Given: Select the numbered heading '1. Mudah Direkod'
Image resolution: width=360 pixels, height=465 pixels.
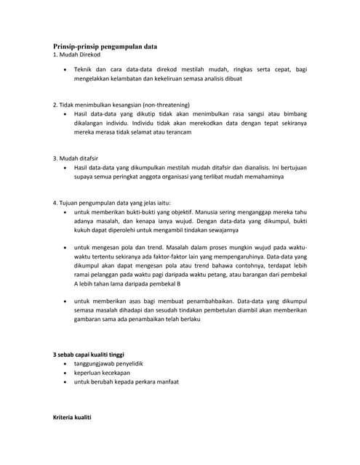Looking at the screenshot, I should [76, 54].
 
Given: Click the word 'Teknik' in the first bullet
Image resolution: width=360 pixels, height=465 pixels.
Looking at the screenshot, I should [86, 70].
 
